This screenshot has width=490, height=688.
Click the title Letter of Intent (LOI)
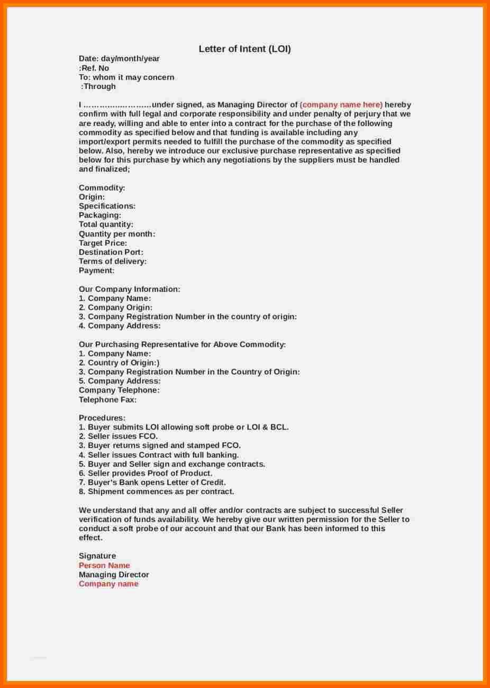[244, 49]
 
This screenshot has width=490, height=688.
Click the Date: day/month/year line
[119, 59]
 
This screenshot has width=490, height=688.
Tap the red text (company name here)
[341, 105]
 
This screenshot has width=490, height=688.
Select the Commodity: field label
[102, 188]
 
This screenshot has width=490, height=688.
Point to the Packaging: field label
[100, 216]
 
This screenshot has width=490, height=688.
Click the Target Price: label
[103, 243]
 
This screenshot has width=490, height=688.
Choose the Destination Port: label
[111, 252]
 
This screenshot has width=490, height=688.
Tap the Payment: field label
[97, 271]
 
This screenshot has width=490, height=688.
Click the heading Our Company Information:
[130, 289]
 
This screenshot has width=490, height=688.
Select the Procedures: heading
[102, 418]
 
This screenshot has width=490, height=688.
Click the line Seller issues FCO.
[118, 436]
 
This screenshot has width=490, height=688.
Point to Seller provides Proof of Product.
[146, 473]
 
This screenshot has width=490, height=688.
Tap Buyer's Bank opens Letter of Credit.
[152, 483]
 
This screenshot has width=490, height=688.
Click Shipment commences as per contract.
[156, 492]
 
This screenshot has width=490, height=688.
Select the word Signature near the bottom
[97, 556]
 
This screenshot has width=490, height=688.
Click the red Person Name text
[104, 566]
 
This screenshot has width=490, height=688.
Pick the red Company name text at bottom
[108, 584]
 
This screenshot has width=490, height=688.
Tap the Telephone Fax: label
[107, 400]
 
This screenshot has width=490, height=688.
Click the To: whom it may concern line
[126, 77]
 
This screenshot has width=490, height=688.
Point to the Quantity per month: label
[117, 234]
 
